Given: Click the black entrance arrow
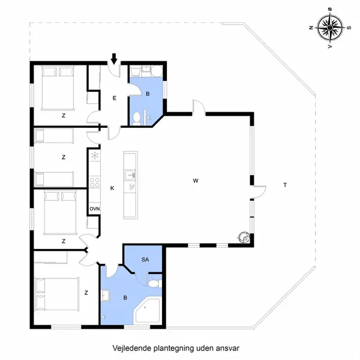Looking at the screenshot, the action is [x=114, y=59].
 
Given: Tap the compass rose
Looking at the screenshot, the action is [x=330, y=28].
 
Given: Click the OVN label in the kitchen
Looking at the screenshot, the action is [x=95, y=209].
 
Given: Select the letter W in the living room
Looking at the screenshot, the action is [x=196, y=181].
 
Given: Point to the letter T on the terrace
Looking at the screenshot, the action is [x=285, y=185].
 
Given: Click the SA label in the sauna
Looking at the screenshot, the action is [x=145, y=259].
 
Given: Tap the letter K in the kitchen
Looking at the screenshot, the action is [x=112, y=188].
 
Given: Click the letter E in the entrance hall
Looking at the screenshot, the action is [x=115, y=98].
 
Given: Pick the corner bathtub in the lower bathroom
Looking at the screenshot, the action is [x=147, y=310].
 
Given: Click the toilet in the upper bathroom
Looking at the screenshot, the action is [x=137, y=119].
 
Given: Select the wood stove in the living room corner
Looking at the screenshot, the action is [x=244, y=237].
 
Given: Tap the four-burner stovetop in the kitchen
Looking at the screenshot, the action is [x=95, y=182].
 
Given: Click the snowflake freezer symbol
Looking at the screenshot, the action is [x=95, y=155].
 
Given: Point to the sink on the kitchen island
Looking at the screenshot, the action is [x=130, y=175].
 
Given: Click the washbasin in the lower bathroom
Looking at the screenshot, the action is [x=106, y=295].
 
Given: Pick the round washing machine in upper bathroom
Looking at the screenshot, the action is [x=157, y=71].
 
